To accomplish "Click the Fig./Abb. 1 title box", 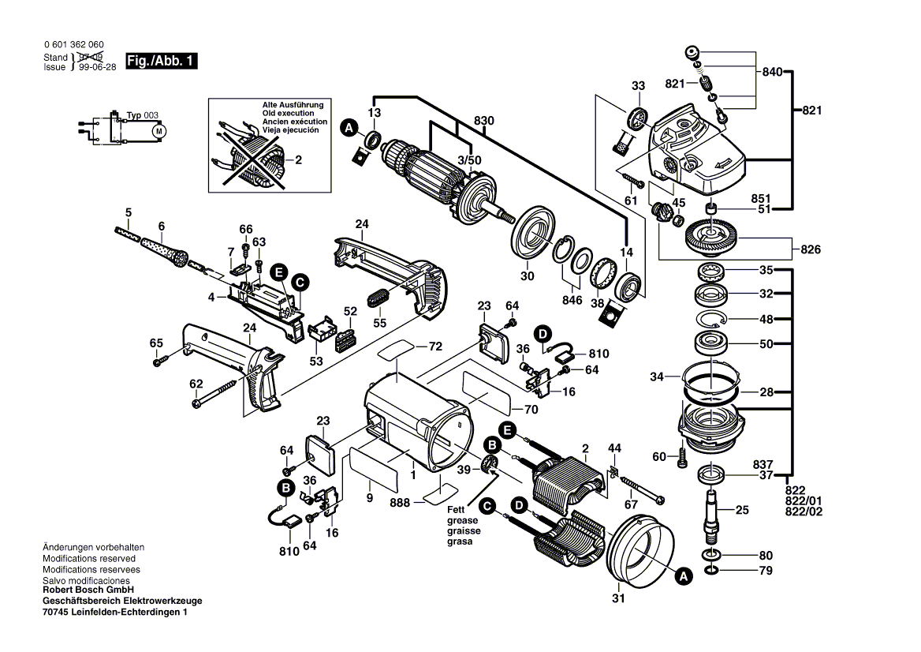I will pyautogui.click(x=162, y=61).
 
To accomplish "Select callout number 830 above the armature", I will pyautogui.click(x=484, y=120).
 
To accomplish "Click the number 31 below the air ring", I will pyautogui.click(x=618, y=598).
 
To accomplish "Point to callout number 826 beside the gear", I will pyautogui.click(x=810, y=250).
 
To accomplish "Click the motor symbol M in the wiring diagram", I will pyautogui.click(x=158, y=129).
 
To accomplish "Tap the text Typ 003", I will pyautogui.click(x=143, y=115).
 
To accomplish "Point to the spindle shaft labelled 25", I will pyautogui.click(x=713, y=513).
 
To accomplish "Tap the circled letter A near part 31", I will pyautogui.click(x=683, y=578).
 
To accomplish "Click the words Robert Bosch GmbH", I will pyautogui.click(x=88, y=590).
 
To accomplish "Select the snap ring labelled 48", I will pyautogui.click(x=711, y=319).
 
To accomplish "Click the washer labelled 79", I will pyautogui.click(x=712, y=570).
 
